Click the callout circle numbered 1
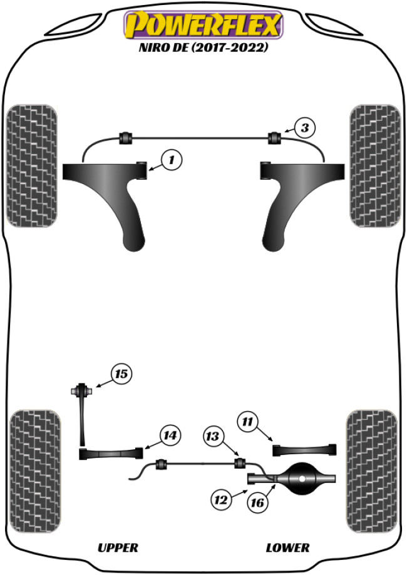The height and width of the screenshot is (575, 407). [x=171, y=160]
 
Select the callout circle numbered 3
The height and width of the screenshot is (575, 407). [x=304, y=128]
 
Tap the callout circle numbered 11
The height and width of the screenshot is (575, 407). [x=248, y=423]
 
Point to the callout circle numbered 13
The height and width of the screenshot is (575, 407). [x=213, y=436]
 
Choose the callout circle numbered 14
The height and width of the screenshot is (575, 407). [x=170, y=434]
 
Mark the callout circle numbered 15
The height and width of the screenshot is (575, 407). [x=121, y=374]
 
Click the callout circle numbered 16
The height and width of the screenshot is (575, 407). [x=257, y=502]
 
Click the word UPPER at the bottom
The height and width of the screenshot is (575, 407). [x=118, y=547]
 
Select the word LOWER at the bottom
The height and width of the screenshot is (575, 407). [x=288, y=547]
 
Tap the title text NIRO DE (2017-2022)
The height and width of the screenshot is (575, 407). [x=203, y=48]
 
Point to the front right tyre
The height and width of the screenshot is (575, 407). [x=374, y=166]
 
